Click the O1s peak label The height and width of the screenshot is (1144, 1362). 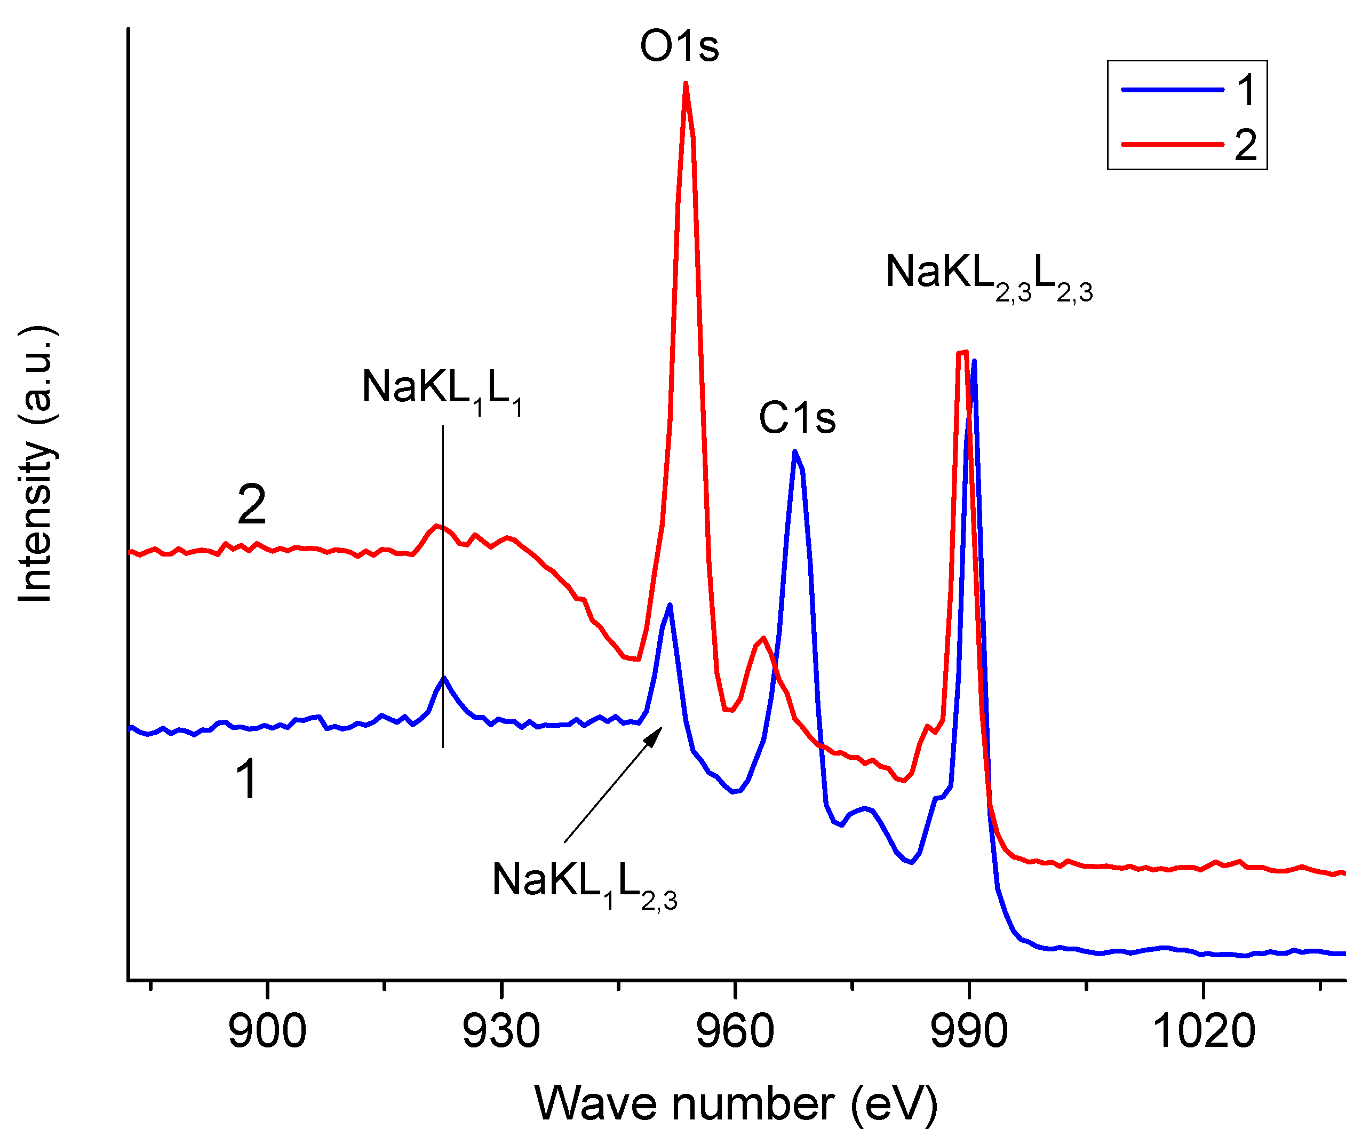point(679,47)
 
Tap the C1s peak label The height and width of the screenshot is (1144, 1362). point(797,418)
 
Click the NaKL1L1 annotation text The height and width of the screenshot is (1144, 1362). point(442,390)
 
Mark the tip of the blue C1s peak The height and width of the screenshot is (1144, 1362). point(795,451)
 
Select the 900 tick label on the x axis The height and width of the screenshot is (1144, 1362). point(267,1032)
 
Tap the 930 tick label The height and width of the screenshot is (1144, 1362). point(501,1032)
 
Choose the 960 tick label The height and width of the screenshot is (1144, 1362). point(735,1032)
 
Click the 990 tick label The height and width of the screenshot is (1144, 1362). point(969,1032)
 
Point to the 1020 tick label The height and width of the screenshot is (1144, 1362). point(1203,1032)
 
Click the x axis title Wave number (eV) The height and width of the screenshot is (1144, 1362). point(736,1103)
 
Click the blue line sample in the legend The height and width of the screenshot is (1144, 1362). point(1172,90)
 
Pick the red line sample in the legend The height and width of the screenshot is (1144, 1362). point(1172,144)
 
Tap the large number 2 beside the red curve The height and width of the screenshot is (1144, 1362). point(252,505)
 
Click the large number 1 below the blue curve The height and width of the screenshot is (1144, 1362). point(246,779)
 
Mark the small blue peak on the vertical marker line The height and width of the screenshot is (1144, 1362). point(444,678)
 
